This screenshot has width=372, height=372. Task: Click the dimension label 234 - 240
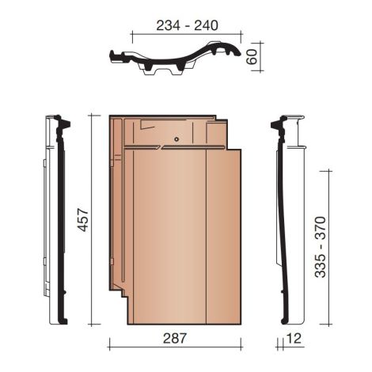click(188, 25)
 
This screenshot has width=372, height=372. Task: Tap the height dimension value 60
click(253, 57)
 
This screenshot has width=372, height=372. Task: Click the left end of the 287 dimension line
click(108, 347)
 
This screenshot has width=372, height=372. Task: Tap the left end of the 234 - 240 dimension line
click(132, 35)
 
